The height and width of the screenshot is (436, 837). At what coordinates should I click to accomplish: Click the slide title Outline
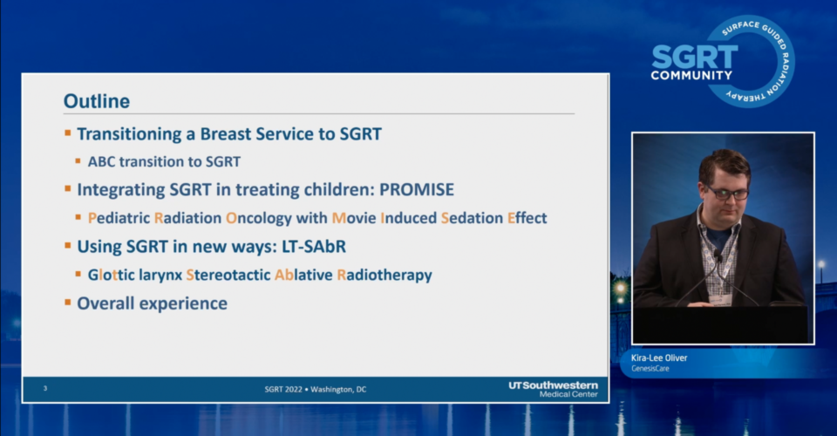pos(97,101)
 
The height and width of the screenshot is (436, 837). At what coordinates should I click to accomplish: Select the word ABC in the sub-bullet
pos(101,161)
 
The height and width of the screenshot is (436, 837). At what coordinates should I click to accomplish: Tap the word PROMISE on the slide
pos(417,189)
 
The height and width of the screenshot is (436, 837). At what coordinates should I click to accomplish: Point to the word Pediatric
pos(119,218)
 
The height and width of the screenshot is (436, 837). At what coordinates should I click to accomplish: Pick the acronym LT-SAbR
pos(314,247)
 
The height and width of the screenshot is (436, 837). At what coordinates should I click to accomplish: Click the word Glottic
pos(111,275)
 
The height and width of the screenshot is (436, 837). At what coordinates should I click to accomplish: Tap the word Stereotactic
pos(228,275)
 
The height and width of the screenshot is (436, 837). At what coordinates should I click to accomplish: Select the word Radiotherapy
pos(384,276)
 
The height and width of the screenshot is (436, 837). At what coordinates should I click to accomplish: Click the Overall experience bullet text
pos(152,303)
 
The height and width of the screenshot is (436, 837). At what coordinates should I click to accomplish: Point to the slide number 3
pos(45,389)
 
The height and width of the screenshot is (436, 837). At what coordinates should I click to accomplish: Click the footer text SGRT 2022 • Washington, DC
pos(316,390)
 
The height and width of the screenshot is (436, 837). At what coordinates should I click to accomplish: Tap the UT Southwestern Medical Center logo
pos(553,389)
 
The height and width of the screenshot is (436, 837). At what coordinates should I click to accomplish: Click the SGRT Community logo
pos(723,61)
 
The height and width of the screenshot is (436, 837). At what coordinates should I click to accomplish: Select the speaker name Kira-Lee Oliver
pos(659,358)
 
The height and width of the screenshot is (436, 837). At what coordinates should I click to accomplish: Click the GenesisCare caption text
pos(650,369)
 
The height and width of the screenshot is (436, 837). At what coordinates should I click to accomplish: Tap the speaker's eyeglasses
pos(727,193)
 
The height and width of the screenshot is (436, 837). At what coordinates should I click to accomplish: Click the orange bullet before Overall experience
pos(68,303)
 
